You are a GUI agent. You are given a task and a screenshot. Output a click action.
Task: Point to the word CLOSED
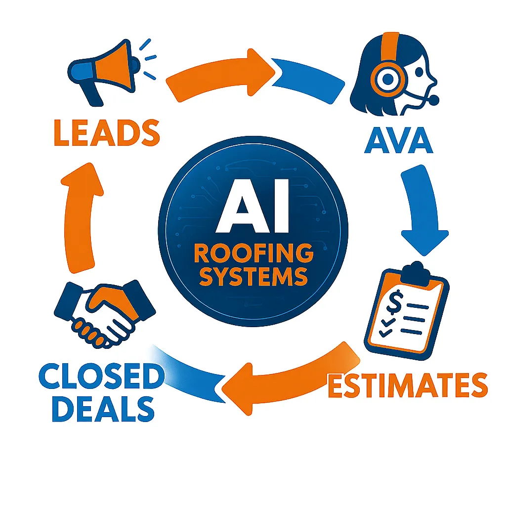pos(101,378)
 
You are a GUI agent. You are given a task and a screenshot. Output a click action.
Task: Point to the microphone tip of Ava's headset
pos(433,100)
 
